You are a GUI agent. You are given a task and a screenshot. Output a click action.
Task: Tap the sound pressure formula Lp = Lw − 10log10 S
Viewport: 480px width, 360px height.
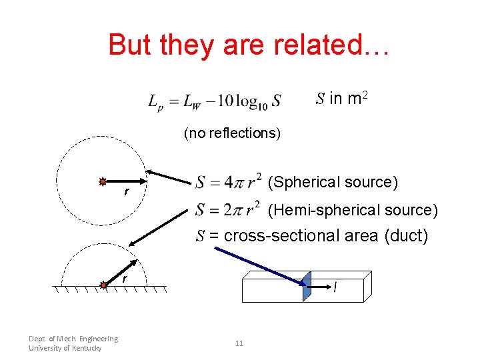(214, 101)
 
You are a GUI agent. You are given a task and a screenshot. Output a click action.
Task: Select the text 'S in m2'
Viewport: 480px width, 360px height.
(341, 99)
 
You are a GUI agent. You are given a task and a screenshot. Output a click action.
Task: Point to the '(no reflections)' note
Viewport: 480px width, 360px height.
(232, 133)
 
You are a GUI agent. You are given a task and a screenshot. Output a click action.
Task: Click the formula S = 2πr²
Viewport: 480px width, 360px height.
(227, 210)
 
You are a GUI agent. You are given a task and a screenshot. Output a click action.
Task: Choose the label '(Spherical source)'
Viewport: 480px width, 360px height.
(333, 182)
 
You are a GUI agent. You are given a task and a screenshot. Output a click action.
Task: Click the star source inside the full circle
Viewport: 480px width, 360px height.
(103, 181)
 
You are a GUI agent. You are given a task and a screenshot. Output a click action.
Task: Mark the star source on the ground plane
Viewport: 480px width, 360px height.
(103, 286)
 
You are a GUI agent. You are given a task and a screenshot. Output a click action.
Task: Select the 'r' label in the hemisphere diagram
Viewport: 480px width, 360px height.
(123, 278)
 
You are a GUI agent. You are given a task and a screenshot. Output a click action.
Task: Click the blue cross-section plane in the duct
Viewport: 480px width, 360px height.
(307, 287)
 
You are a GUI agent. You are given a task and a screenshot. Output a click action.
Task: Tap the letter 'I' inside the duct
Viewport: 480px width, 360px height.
(334, 288)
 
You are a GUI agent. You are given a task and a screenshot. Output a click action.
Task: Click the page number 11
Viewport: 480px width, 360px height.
(239, 343)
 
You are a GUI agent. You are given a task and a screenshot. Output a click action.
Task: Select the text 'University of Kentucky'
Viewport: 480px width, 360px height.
(65, 349)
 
